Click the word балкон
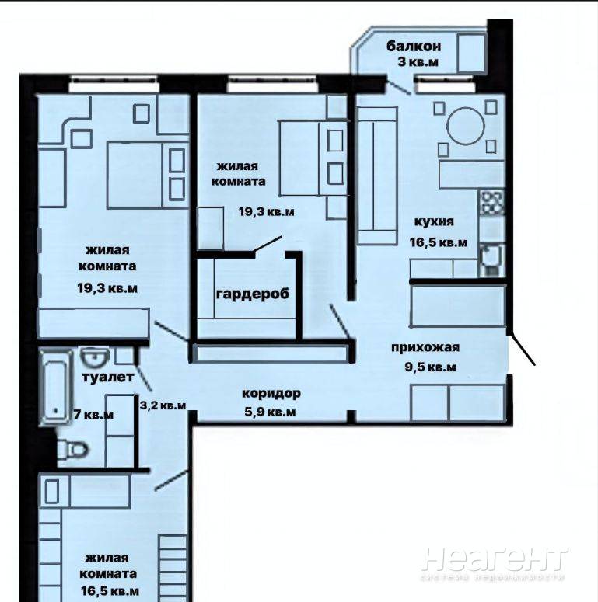point(414,47)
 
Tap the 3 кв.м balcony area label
point(418,62)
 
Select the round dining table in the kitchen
point(466,127)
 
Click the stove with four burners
point(491,202)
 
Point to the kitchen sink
point(491,260)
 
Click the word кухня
point(434,221)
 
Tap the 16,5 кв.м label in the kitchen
point(439,242)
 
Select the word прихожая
point(425,347)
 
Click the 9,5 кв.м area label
point(430,367)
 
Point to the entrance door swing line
point(522,350)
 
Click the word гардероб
point(253,294)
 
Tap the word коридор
point(271,394)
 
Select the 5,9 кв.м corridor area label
point(270,412)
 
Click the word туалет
point(108,377)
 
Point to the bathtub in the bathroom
point(56,386)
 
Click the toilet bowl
point(73,449)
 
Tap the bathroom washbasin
point(95,357)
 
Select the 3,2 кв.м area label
point(163,405)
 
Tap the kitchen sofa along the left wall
point(377,176)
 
